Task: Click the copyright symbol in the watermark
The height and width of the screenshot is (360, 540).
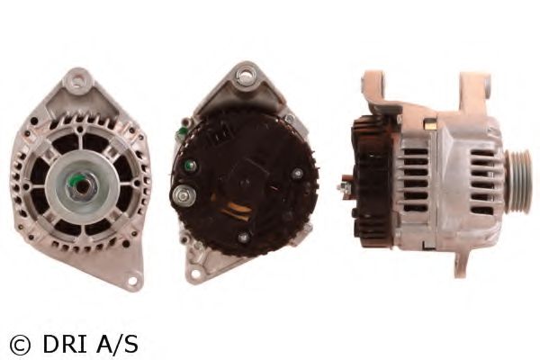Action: pos(20,345)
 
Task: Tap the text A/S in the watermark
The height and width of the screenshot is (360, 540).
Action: pos(117,345)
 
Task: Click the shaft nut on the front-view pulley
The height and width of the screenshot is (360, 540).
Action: pos(82,186)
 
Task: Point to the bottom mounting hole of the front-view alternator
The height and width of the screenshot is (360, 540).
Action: pos(132,279)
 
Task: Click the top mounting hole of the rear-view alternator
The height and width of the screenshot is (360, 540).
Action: pos(245,75)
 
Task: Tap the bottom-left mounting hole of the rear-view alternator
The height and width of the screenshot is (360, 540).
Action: pos(195,274)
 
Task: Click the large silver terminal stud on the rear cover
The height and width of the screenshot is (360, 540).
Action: pos(184,195)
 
